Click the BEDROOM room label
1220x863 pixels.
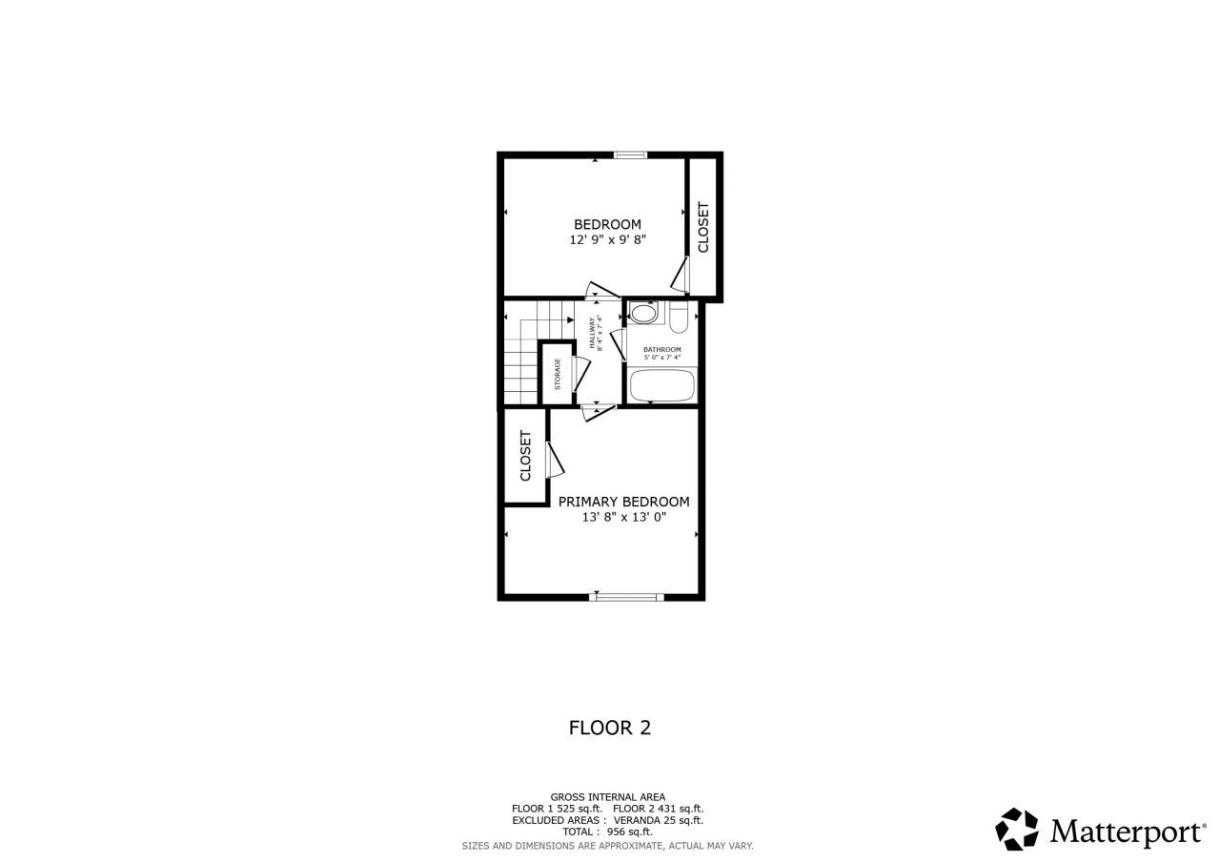click(x=607, y=224)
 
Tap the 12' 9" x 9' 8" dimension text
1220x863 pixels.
click(x=607, y=240)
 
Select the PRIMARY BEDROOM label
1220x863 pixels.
click(x=623, y=502)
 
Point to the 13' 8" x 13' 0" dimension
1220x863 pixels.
click(x=623, y=518)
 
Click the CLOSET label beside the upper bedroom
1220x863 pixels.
click(x=703, y=227)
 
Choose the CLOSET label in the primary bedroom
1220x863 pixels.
click(x=525, y=455)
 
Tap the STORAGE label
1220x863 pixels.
click(x=558, y=374)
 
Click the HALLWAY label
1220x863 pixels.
click(x=595, y=333)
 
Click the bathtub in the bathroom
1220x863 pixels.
click(x=661, y=386)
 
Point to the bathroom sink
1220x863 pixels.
click(x=644, y=313)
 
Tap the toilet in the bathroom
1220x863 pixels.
click(x=678, y=315)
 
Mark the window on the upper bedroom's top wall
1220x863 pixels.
click(x=630, y=154)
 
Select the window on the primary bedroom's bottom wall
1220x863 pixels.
click(x=626, y=597)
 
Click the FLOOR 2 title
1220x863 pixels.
click(x=609, y=728)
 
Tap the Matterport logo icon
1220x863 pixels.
click(x=1017, y=829)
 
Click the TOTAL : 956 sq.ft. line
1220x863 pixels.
click(x=607, y=832)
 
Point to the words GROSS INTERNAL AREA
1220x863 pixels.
click(x=607, y=797)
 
